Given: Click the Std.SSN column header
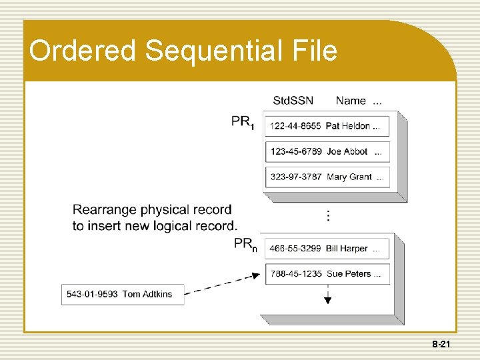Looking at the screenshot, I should tap(293, 101).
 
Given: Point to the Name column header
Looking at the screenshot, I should tap(351, 101).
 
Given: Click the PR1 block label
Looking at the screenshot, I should tap(243, 121).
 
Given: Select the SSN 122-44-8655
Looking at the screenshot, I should tap(295, 126).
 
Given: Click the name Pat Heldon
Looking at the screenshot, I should tap(348, 126).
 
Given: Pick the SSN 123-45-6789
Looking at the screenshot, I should tap(295, 151).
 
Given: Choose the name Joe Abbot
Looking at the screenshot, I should tap(347, 151).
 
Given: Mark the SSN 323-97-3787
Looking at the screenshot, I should tap(295, 177).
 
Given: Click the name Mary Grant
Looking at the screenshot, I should tap(349, 177).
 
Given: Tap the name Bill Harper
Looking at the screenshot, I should tap(347, 249).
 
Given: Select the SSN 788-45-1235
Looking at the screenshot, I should tap(295, 273).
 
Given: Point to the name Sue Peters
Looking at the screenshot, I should tap(349, 273).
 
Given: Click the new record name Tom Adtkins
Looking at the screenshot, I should tap(147, 294).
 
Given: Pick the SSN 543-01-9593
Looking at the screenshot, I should tap(92, 294).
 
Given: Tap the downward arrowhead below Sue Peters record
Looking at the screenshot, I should tap(327, 300).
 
